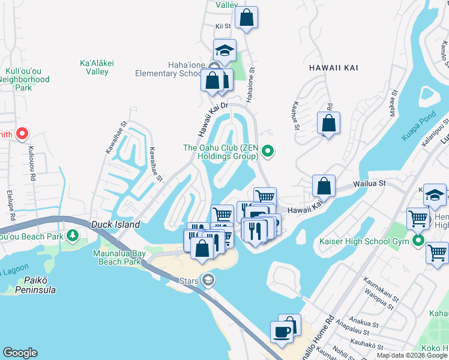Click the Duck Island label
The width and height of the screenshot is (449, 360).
click(116, 224)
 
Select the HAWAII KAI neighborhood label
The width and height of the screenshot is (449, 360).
click(333, 68)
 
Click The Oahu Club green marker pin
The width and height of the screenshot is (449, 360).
click(268, 152)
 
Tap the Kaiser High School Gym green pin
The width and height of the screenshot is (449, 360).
click(417, 241)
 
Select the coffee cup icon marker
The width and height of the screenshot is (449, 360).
click(282, 331)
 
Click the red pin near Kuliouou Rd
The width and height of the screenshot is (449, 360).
click(22, 134)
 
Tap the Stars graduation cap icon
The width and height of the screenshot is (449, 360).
click(208, 280)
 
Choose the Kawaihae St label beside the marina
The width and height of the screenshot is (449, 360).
click(155, 163)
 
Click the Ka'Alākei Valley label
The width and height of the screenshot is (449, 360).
click(94, 67)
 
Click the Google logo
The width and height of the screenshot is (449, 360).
click(20, 353)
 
